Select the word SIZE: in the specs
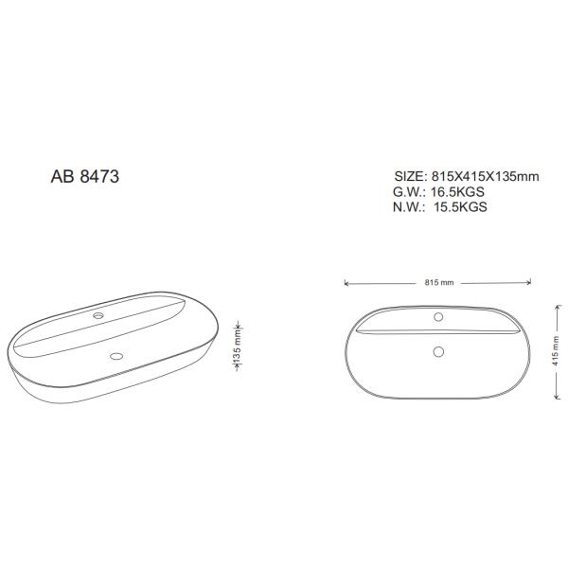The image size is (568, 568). (x=410, y=176)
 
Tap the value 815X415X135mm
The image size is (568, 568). (x=485, y=176)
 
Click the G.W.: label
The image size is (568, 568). (x=410, y=191)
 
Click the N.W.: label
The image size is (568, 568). (x=410, y=206)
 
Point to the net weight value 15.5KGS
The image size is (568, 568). (x=460, y=206)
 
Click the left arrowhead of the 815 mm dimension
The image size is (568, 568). (x=346, y=282)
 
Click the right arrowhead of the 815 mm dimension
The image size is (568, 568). (x=526, y=282)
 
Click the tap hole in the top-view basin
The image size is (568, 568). (x=437, y=315)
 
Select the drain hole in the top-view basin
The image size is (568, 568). (x=437, y=352)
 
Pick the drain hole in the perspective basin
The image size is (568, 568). (x=116, y=357)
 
